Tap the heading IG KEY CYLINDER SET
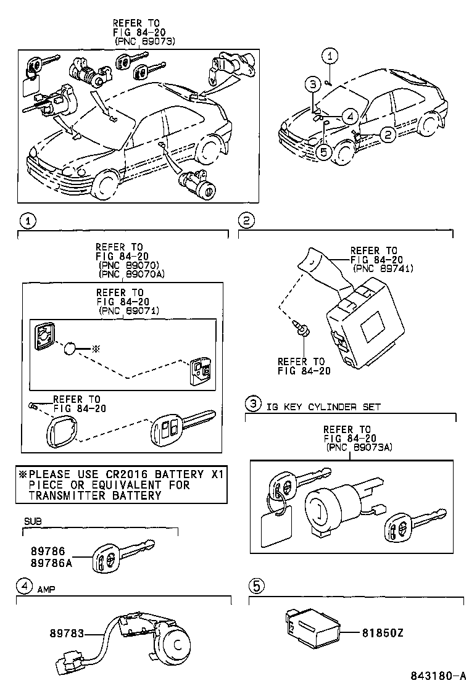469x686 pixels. [323, 407]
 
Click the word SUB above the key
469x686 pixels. [31, 521]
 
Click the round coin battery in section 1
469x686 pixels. [72, 349]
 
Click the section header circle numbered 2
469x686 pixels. [247, 221]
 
